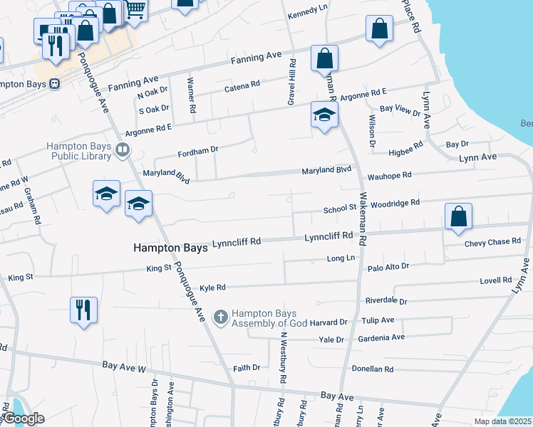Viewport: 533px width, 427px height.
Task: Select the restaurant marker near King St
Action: click(84, 310)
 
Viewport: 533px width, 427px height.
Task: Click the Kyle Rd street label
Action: click(212, 288)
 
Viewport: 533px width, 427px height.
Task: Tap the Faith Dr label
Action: click(247, 368)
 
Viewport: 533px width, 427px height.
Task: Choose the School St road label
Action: click(339, 210)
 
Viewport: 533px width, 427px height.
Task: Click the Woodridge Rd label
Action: click(395, 203)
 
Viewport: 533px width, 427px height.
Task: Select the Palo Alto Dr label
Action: click(388, 266)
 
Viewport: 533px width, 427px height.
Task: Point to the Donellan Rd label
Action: click(373, 369)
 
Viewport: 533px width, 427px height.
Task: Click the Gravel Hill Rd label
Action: click(291, 83)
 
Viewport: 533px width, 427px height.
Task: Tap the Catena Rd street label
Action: click(242, 86)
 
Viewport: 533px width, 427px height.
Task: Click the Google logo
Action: click(24, 418)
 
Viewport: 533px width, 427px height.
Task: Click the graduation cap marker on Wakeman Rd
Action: click(324, 115)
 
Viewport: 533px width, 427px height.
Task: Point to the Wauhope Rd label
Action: click(390, 175)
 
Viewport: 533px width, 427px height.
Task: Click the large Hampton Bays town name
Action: click(170, 248)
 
